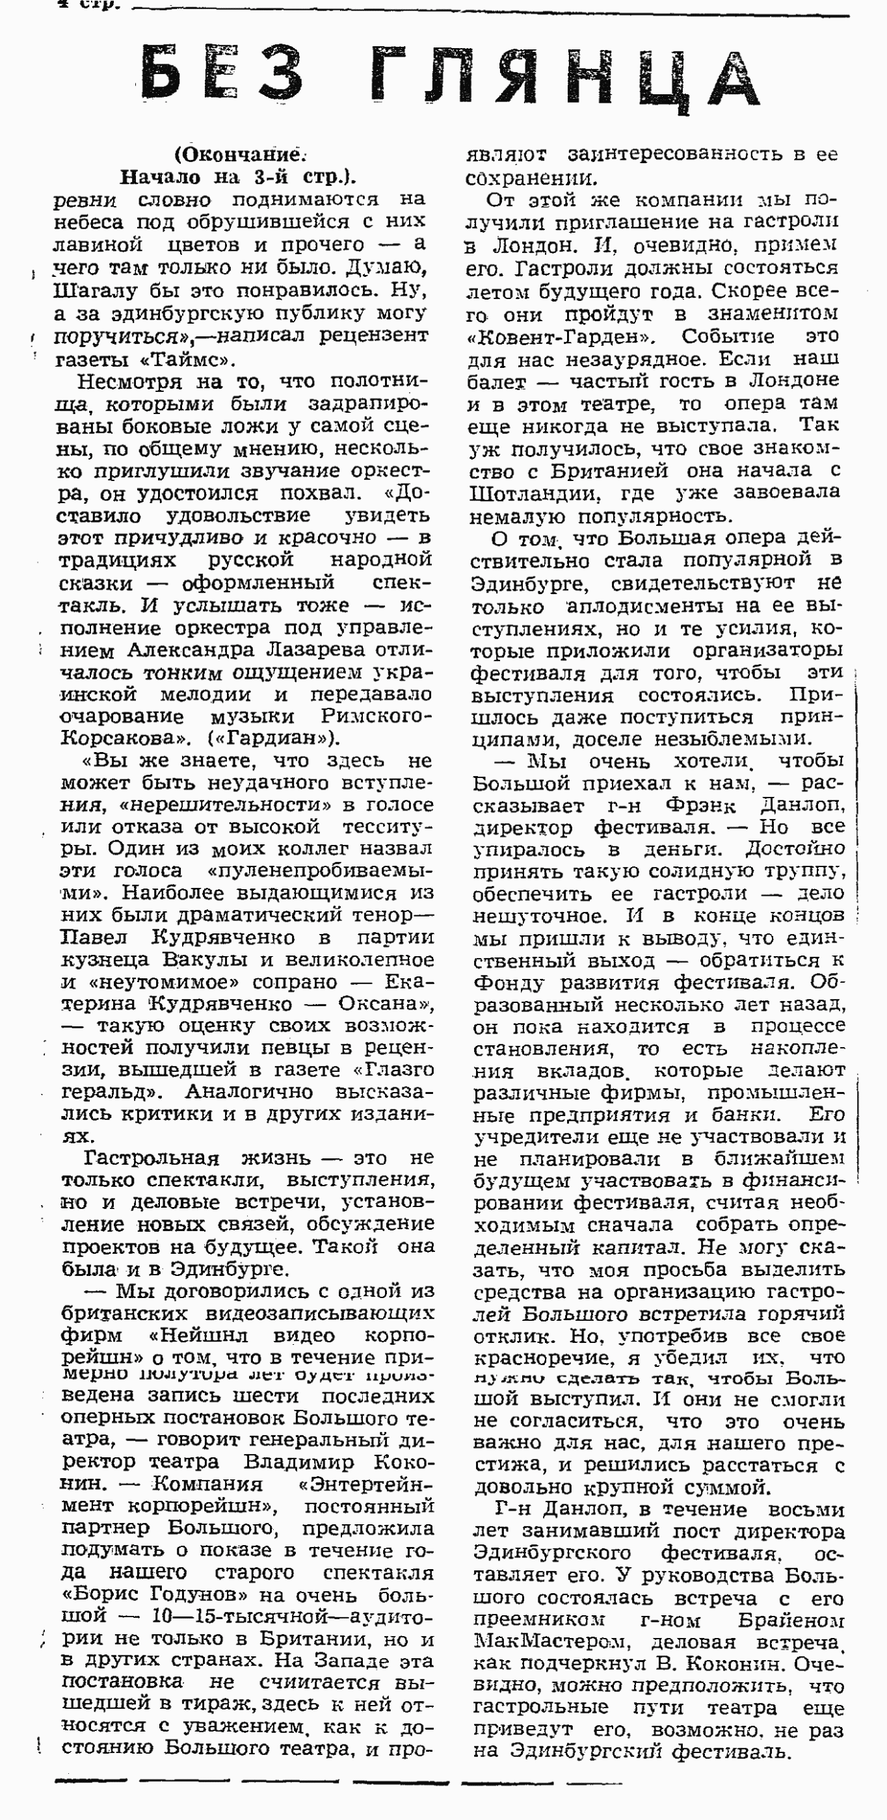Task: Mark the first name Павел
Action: tap(95, 938)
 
